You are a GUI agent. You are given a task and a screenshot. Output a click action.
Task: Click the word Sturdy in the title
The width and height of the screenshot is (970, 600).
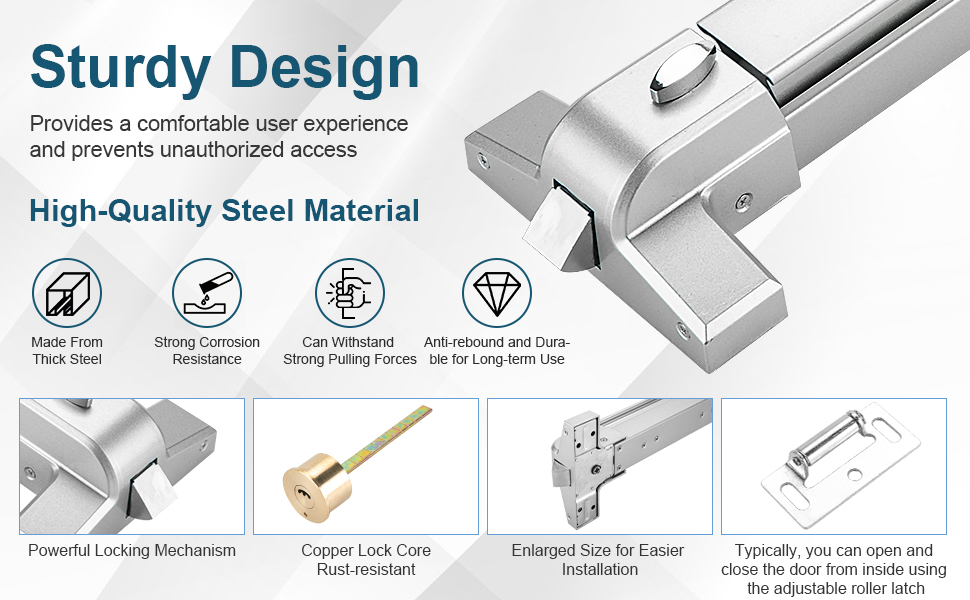[121, 69]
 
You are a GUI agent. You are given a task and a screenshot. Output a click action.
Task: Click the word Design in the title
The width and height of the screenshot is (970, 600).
[325, 69]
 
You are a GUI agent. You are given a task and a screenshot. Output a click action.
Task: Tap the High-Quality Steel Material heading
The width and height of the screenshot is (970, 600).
[224, 210]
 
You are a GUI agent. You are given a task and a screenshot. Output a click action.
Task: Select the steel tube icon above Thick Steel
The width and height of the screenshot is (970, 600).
[67, 293]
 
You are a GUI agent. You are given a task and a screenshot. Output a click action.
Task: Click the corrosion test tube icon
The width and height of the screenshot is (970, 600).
[207, 293]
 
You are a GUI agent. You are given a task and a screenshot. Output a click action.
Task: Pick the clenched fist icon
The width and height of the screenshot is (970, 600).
[350, 293]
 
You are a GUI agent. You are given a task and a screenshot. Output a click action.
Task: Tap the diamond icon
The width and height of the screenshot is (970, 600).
[497, 293]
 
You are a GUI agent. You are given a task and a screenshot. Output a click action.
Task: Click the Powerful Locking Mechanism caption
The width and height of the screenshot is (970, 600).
[132, 551]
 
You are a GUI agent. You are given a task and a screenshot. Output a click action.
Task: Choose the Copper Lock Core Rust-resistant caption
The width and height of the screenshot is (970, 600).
[366, 560]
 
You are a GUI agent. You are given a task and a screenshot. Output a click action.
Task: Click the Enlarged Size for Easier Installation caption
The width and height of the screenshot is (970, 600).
[598, 560]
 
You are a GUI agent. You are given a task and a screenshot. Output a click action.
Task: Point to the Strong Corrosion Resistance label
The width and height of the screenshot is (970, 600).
[207, 351]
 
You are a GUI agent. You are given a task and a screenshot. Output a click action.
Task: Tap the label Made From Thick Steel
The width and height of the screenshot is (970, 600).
[67, 351]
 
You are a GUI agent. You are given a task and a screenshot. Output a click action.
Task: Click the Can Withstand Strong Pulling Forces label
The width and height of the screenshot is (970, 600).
[350, 351]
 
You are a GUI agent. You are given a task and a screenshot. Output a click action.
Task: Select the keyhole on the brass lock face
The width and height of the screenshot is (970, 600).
[303, 493]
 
